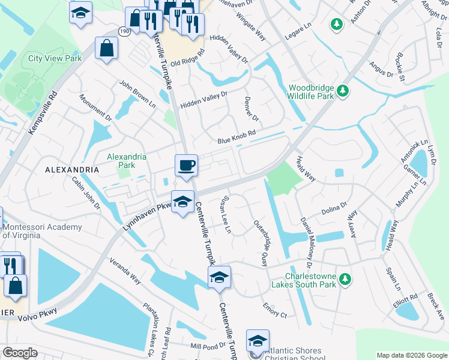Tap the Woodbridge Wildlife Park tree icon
click(x=343, y=91)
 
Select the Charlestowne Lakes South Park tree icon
click(x=345, y=278)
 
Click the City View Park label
click(x=55, y=59)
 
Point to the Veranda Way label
click(x=125, y=271)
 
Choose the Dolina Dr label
click(x=334, y=208)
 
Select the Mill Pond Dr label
click(x=208, y=346)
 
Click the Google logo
click(x=20, y=353)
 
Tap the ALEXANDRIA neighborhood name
click(x=72, y=170)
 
